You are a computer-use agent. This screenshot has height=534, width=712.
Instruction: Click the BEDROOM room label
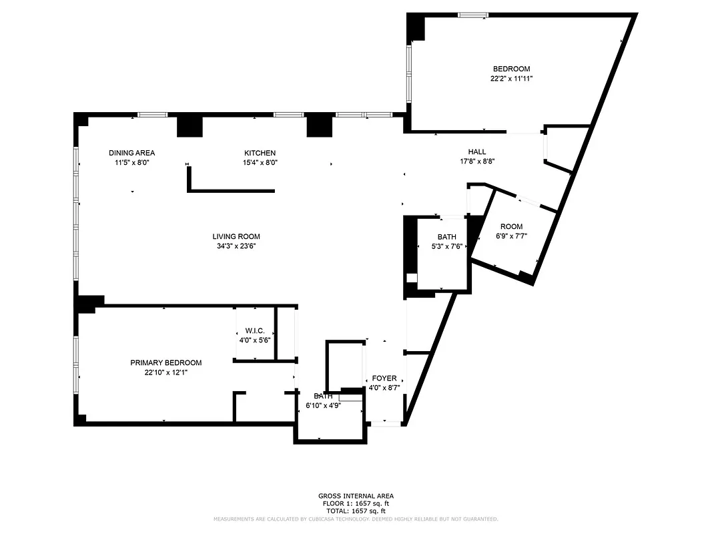511,69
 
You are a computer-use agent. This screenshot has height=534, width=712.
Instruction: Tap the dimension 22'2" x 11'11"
511,78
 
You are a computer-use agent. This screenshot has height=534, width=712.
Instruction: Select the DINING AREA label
131,153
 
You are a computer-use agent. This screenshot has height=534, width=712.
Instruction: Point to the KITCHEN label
260,153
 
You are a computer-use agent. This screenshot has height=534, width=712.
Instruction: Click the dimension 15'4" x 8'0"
260,162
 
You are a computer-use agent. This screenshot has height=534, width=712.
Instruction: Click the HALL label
476,152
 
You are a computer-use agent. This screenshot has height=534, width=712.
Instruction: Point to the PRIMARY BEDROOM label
165,362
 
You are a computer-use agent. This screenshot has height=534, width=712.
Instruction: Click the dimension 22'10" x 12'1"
165,372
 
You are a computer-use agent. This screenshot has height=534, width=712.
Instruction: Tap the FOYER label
384,378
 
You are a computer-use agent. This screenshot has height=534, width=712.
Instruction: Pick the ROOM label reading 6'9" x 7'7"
511,226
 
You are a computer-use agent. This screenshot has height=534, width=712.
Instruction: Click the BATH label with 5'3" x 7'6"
446,237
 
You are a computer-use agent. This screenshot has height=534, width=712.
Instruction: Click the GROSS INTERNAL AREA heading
356,496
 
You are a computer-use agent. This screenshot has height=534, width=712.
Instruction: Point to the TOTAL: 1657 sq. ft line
356,511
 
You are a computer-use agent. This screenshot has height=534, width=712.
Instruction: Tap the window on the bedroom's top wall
472,15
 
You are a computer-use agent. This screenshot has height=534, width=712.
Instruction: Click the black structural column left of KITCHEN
190,126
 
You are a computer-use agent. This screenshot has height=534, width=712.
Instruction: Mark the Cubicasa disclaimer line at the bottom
356,519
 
